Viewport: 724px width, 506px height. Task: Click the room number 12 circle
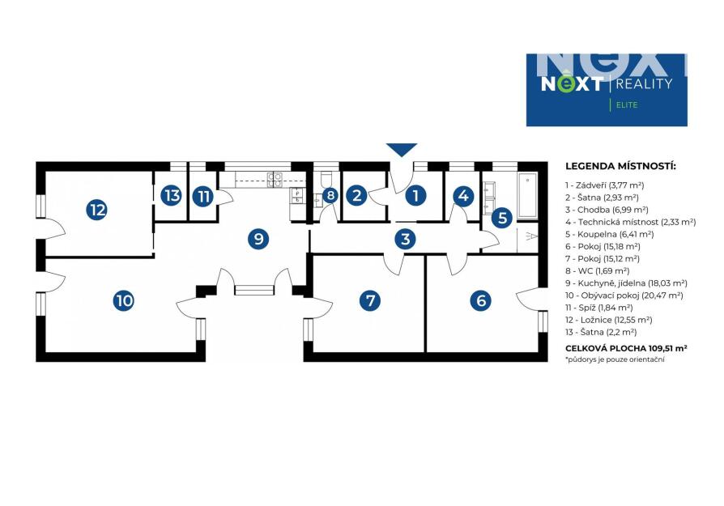click(97, 210)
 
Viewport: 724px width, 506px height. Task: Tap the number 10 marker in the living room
click(124, 300)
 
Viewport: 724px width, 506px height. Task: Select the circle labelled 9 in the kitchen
click(258, 239)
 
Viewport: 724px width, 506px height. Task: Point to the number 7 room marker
click(370, 300)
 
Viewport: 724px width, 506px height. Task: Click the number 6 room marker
click(481, 300)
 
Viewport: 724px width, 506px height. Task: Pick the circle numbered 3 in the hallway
click(406, 239)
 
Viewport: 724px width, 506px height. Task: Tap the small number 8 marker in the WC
click(330, 195)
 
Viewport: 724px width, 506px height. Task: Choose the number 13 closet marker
click(172, 195)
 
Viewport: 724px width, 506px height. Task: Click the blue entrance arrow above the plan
click(402, 150)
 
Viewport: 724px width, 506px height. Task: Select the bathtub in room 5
click(527, 195)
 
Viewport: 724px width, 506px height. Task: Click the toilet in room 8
click(326, 179)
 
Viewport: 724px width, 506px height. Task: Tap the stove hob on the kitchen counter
click(275, 179)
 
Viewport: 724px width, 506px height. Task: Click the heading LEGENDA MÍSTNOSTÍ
click(620, 166)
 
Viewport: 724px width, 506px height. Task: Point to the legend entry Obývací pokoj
click(624, 296)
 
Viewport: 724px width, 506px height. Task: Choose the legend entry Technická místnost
click(630, 222)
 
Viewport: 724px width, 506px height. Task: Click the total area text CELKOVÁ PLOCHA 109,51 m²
click(626, 348)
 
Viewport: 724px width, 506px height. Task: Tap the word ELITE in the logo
click(627, 105)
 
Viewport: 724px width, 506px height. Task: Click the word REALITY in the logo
click(644, 83)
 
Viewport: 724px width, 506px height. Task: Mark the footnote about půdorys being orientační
click(615, 359)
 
